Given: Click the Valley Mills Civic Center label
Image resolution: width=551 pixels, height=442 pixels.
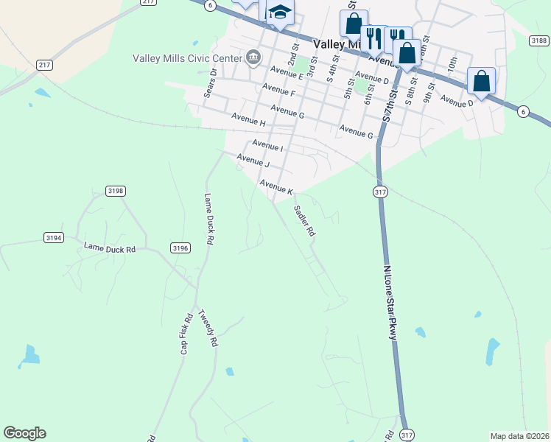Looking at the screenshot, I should [x=187, y=58].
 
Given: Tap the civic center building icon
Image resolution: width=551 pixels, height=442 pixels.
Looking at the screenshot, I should [x=253, y=57].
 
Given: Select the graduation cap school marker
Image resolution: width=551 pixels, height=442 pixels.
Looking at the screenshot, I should [x=280, y=13].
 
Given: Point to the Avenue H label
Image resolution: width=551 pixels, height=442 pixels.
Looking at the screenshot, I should [x=248, y=117].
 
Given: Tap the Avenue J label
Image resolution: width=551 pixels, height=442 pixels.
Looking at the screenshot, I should [x=253, y=160].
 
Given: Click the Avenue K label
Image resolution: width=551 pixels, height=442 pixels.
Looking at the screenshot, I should [x=276, y=186].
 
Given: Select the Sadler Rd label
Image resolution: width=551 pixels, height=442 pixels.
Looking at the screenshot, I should [x=304, y=220].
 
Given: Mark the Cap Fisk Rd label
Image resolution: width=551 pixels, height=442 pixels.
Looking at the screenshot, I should [x=186, y=334].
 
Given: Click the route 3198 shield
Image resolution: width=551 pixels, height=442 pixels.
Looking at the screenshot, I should [x=116, y=191].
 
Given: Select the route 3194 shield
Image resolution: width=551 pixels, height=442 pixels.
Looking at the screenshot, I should [x=54, y=238].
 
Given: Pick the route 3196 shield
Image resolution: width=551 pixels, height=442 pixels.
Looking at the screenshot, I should [x=180, y=248].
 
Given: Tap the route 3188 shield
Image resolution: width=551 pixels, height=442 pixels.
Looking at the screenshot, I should [x=538, y=41].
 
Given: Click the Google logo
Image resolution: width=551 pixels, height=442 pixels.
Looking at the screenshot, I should [x=24, y=433].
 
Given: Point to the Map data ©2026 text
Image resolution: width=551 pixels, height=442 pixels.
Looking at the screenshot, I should [x=519, y=436].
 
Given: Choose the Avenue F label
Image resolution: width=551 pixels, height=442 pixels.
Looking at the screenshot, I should [x=282, y=94].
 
